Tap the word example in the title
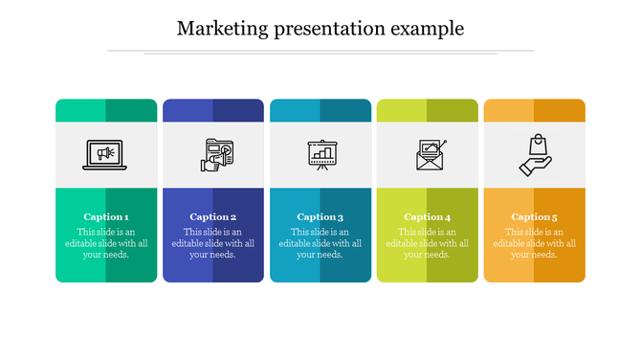coord(428,30)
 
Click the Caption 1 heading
coord(106,216)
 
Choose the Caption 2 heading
coord(213,216)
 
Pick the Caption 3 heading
coord(320,216)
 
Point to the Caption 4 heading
coord(428,216)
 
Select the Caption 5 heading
coord(535,216)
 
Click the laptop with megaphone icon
coord(105,155)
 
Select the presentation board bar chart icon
coord(320,155)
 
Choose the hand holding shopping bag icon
coord(537,155)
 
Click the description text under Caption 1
coord(106,243)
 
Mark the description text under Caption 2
coord(213,243)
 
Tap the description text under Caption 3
coord(320,243)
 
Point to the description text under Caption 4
coord(428,243)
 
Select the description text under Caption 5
coord(535,243)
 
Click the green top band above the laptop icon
coord(106,110)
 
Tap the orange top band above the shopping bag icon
coord(535,110)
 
